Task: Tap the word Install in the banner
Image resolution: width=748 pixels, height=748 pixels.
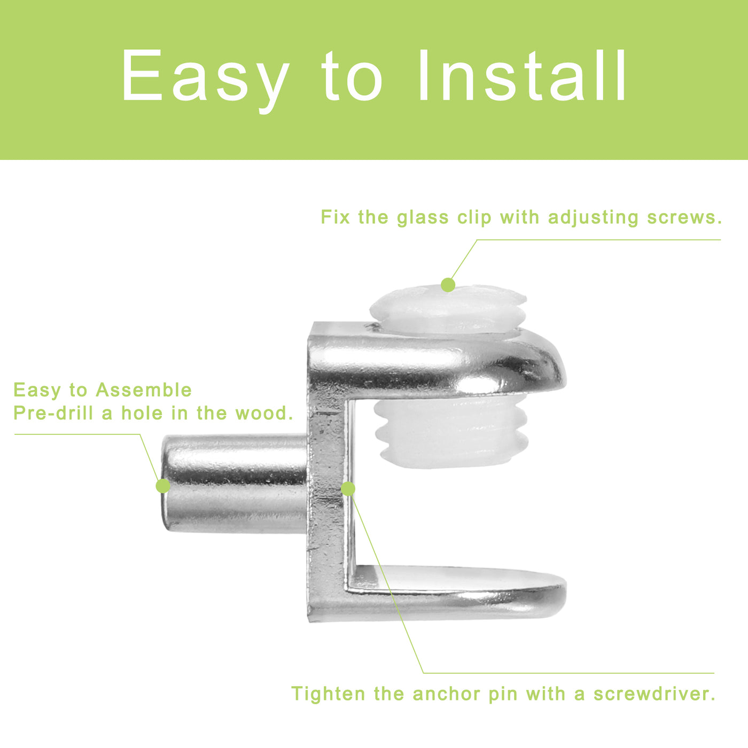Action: (x=522, y=75)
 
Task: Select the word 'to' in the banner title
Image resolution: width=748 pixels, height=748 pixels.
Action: (x=353, y=76)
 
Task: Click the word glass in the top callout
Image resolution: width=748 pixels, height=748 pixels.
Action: (x=423, y=218)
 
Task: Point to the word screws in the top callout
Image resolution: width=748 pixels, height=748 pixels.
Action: (x=684, y=217)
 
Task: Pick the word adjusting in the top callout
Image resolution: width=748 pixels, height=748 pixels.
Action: (x=593, y=218)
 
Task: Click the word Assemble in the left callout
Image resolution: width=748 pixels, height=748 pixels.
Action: (x=144, y=389)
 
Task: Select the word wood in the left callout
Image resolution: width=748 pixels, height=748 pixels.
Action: (x=264, y=413)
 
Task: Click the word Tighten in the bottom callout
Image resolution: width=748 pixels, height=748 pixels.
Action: (x=328, y=694)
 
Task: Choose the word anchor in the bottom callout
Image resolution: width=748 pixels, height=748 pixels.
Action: (x=446, y=694)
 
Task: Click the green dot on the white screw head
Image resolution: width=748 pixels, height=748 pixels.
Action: (x=448, y=285)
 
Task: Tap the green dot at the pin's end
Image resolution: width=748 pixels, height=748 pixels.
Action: (x=163, y=486)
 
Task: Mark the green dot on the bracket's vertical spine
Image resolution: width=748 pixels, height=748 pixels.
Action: (x=348, y=489)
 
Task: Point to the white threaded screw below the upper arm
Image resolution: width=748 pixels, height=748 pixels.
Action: (x=452, y=431)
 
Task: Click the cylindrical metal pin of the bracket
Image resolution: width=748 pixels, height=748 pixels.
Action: (x=235, y=484)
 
